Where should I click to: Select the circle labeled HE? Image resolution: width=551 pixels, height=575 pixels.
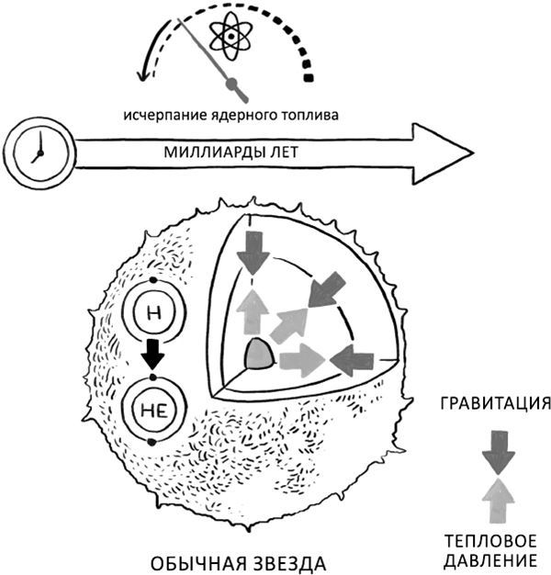point(153,405)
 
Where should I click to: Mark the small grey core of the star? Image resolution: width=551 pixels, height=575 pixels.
point(258,354)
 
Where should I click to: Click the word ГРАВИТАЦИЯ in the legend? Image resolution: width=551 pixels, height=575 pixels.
point(495,404)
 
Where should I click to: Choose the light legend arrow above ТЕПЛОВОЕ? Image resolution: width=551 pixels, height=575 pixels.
point(496,499)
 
